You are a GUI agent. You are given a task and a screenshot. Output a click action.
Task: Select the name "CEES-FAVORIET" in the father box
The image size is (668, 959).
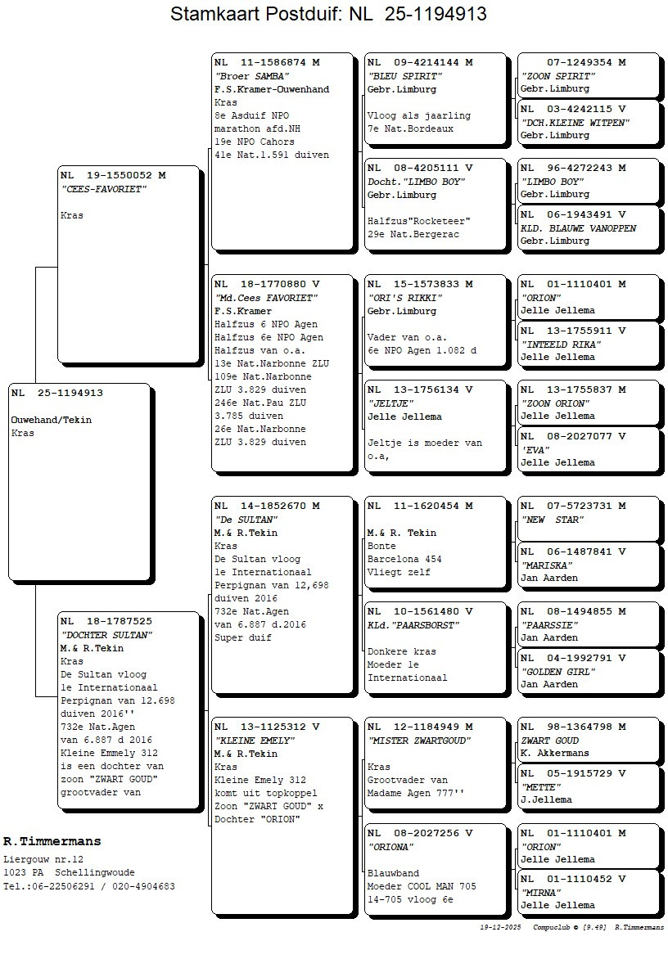pyautogui.click(x=103, y=189)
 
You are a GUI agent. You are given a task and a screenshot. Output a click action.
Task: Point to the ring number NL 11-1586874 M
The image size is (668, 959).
pyautogui.click(x=267, y=62)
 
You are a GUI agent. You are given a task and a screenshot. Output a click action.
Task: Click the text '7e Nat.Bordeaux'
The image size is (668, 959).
pyautogui.click(x=410, y=129)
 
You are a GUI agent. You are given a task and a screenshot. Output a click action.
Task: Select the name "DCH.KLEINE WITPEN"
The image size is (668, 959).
pyautogui.click(x=575, y=123)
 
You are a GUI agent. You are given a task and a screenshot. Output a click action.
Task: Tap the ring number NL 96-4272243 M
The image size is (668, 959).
pyautogui.click(x=573, y=168)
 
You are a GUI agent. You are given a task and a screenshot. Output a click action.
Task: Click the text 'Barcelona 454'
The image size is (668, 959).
pyautogui.click(x=404, y=560)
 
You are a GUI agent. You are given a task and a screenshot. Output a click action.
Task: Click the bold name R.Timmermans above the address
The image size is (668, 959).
pyautogui.click(x=52, y=841)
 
